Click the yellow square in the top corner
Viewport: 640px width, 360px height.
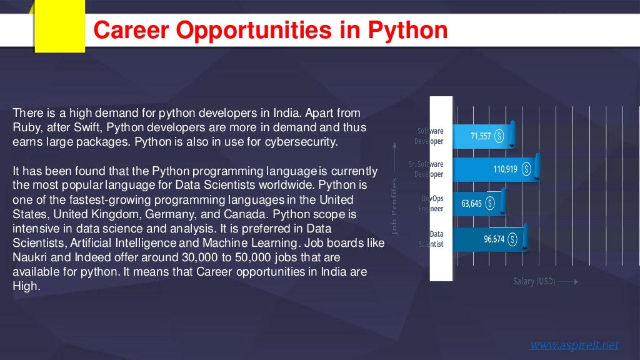coord(59,25)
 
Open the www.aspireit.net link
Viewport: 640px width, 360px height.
coord(574,344)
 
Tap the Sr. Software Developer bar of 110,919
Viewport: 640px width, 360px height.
coord(494,169)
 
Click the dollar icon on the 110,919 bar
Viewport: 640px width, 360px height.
coord(526,169)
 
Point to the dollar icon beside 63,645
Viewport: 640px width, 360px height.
coord(490,203)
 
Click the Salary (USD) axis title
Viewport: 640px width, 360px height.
coord(534,281)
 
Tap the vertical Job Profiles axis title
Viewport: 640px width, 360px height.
coord(394,206)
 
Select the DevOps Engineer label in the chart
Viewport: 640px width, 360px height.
coord(431,204)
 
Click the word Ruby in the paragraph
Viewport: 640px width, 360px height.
coord(25,127)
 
